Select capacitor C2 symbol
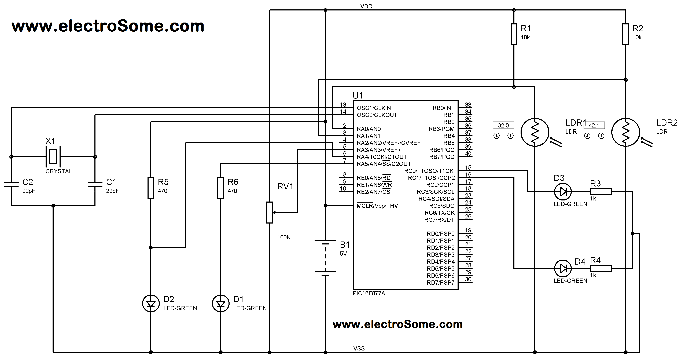click(11, 184)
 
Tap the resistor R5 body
click(151, 188)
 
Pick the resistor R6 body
click(220, 188)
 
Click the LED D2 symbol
click(151, 304)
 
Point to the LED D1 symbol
click(220, 304)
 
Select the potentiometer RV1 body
click(269, 212)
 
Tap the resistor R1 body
click(514, 34)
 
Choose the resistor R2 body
click(625, 34)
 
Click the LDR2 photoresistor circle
click(625, 132)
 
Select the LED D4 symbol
click(563, 268)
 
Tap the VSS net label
click(359, 348)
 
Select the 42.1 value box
click(594, 125)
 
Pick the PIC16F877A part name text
click(369, 293)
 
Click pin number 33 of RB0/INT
click(468, 105)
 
